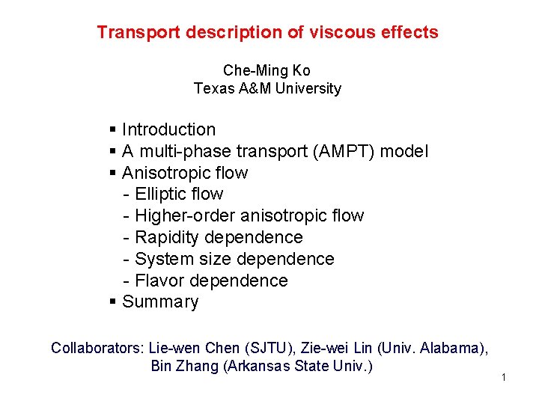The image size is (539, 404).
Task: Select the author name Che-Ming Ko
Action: [x=267, y=70]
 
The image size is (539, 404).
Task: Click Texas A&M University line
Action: [x=267, y=88]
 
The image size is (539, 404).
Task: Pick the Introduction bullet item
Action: [x=168, y=130]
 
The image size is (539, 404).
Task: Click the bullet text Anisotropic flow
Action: [x=184, y=174]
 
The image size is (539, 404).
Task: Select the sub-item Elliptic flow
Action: [x=178, y=195]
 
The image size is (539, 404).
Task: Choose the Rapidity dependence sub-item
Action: [x=219, y=238]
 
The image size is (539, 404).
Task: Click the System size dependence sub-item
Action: [x=234, y=260]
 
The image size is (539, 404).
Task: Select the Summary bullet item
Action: [x=160, y=302]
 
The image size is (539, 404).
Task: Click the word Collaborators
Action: [x=97, y=348]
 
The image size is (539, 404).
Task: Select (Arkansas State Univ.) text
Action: [x=297, y=367]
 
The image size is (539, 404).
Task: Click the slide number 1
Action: [x=504, y=377]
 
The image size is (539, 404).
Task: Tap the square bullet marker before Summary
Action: [x=112, y=302]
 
